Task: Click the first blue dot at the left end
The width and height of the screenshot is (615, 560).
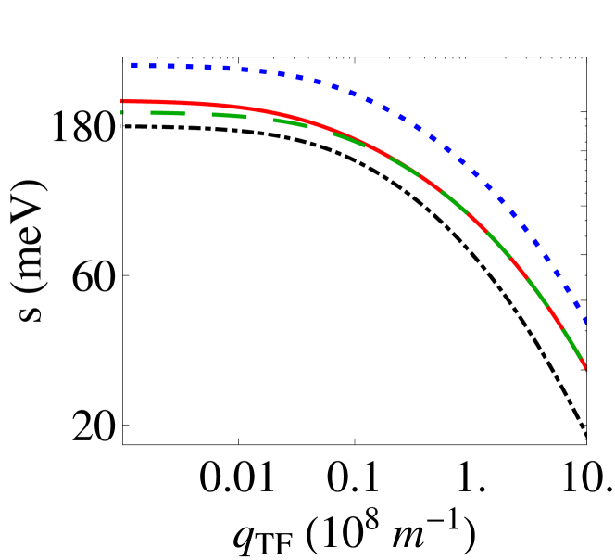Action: (134, 65)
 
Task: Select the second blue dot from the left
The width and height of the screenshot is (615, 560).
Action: (153, 66)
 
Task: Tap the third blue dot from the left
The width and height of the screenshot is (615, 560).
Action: (171, 67)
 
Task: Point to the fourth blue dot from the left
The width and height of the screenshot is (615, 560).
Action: (189, 67)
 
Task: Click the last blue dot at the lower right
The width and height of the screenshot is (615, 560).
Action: (584, 320)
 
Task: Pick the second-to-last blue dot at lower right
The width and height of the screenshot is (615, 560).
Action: (575, 304)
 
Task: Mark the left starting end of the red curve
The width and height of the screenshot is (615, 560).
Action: (122, 101)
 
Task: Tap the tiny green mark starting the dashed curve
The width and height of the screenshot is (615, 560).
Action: (122, 112)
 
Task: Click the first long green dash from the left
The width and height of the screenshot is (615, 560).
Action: (168, 113)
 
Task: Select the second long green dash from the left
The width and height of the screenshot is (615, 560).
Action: (229, 115)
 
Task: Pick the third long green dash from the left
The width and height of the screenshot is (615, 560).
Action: (290, 122)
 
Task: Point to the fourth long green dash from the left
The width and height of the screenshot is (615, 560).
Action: (349, 139)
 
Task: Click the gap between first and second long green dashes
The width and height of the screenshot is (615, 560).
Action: (198, 114)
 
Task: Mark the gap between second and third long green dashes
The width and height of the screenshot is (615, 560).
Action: (259, 118)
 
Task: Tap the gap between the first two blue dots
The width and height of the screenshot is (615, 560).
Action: (144, 66)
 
